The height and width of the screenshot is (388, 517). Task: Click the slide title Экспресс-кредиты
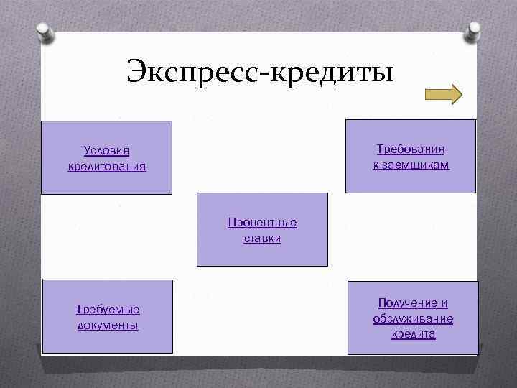[x=259, y=73]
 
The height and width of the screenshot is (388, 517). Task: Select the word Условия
[x=106, y=151]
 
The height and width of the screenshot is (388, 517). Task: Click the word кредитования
[x=106, y=167]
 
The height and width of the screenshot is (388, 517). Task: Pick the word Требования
[x=411, y=149]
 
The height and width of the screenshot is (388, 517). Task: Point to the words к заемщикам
[x=411, y=165]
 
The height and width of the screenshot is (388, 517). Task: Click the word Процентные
[x=262, y=222]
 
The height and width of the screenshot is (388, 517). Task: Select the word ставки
[x=262, y=238]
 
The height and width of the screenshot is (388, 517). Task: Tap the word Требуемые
[x=108, y=309]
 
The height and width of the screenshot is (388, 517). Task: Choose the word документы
[x=108, y=325]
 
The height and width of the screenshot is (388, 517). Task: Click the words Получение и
[x=413, y=303]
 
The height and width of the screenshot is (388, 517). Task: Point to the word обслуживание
[x=413, y=318]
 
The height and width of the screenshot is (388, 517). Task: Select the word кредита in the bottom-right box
[x=413, y=334]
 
